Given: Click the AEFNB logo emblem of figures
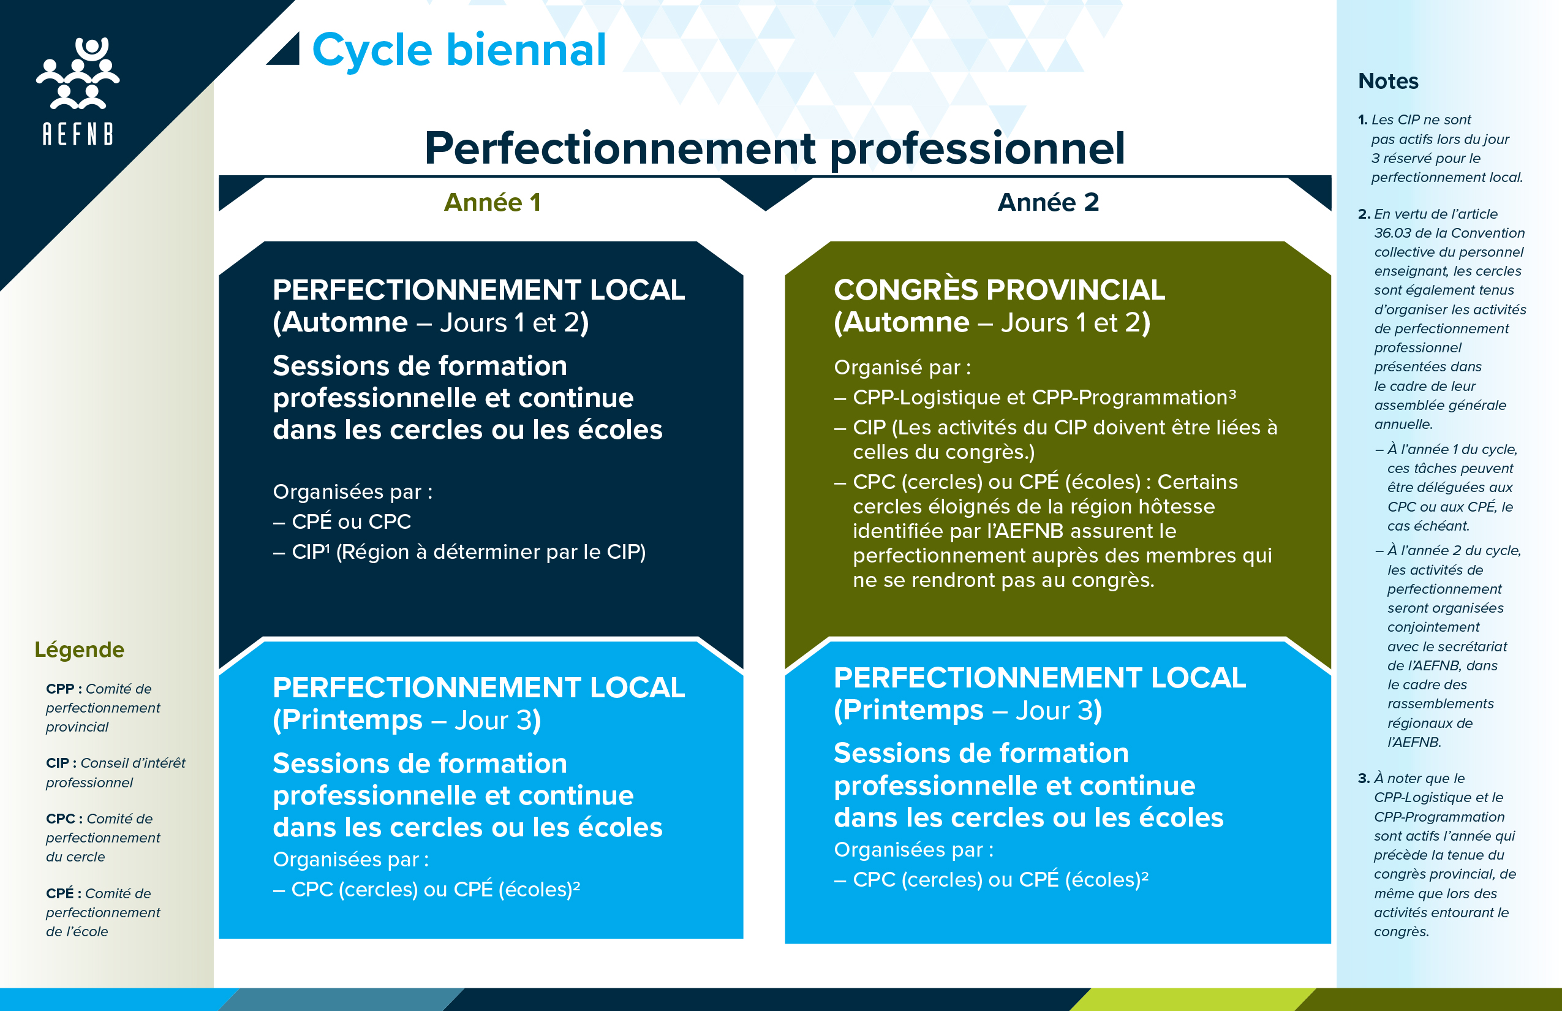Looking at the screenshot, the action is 78,73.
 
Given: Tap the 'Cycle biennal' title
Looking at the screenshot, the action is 459,50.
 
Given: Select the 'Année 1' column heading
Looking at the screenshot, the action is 492,202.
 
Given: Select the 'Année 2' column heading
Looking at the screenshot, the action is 1048,202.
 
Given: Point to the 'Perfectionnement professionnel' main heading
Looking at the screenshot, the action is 774,148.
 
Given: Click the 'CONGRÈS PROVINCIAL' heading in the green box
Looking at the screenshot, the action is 999,289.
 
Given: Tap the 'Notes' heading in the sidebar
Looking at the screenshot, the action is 1388,81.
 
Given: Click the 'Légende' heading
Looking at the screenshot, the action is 80,649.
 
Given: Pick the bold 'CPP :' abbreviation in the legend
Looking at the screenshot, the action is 64,689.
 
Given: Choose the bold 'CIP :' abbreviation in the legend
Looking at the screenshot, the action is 61,763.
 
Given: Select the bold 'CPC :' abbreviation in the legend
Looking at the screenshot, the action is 64,819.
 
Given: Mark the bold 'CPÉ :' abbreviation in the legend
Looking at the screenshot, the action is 64,893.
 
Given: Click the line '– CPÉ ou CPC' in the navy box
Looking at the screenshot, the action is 342,521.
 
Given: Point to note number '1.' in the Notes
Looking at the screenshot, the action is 1362,120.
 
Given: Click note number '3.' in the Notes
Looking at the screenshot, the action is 1364,779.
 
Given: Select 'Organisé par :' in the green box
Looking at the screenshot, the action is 902,368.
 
